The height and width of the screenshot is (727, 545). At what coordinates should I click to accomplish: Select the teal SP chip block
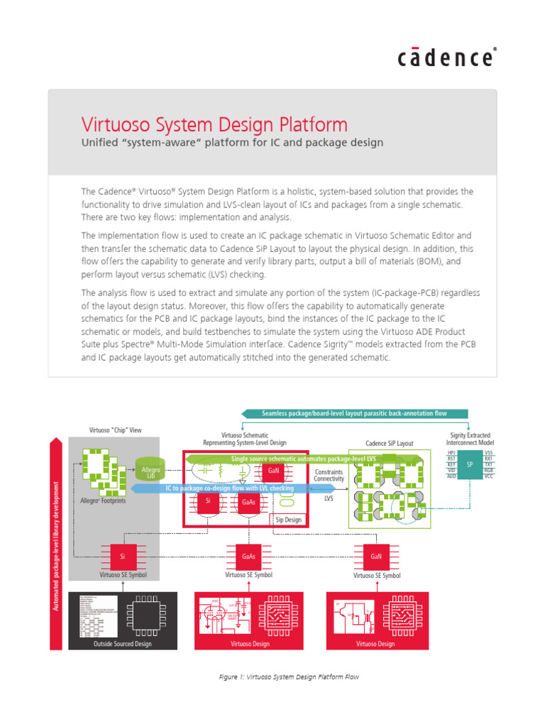469,464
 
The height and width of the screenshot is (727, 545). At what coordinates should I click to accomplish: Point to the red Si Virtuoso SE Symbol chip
122,557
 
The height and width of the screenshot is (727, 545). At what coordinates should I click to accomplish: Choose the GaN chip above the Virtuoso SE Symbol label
376,557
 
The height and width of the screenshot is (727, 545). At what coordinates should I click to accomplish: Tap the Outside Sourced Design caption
123,644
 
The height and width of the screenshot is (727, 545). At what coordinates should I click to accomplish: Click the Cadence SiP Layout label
389,444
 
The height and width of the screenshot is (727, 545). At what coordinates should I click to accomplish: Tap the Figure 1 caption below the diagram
289,677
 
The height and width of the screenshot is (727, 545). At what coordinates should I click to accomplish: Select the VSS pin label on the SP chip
488,452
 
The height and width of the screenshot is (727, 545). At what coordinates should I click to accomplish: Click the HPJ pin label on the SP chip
451,452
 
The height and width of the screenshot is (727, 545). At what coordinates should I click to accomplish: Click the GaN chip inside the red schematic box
274,470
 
